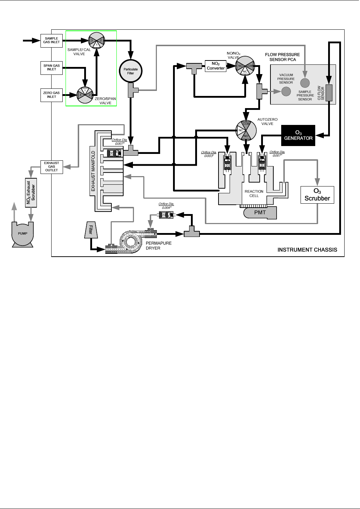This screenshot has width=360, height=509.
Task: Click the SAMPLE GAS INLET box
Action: [52, 40]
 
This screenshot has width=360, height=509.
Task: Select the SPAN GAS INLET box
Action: [52, 67]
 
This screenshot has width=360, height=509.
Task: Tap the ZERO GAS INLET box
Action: [52, 95]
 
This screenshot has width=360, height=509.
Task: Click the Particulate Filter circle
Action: [131, 71]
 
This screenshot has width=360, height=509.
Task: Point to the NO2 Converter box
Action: [216, 66]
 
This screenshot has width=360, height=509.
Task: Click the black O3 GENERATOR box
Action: [298, 135]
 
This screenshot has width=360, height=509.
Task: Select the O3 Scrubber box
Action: [317, 195]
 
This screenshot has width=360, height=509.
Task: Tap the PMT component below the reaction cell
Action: [260, 213]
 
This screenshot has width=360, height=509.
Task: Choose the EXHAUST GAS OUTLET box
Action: [52, 166]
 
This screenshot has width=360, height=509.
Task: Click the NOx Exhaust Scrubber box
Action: [31, 192]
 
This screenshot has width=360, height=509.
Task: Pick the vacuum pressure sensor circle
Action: [286, 92]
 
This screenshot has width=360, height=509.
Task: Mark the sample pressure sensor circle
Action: [304, 83]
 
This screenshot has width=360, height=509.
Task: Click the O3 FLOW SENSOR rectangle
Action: [329, 93]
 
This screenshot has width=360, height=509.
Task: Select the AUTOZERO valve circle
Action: [246, 130]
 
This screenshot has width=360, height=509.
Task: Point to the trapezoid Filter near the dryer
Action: [90, 229]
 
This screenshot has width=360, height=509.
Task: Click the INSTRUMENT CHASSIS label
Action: [307, 250]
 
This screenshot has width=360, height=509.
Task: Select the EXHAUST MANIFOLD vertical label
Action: [93, 171]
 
